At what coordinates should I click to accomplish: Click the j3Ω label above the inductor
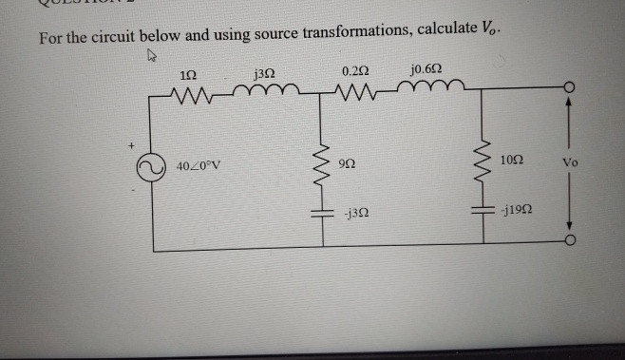pyautogui.click(x=266, y=71)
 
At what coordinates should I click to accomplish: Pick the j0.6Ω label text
pyautogui.click(x=425, y=68)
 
